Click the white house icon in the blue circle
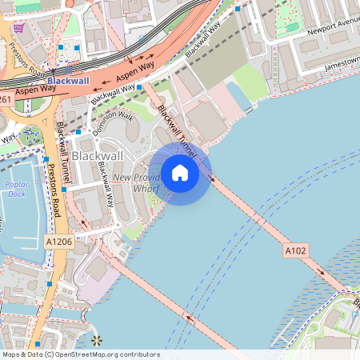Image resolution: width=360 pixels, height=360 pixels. [x=180, y=173]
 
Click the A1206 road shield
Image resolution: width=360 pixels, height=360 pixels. [x=58, y=241]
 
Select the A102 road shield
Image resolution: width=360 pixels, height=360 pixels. [x=295, y=251]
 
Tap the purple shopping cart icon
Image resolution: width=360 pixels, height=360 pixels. [x=18, y=27]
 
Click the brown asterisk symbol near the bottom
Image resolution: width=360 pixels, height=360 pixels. [x=98, y=341]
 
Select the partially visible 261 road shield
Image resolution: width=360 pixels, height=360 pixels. [x=6, y=99]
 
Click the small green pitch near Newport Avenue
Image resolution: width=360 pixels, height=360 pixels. [x=292, y=26]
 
